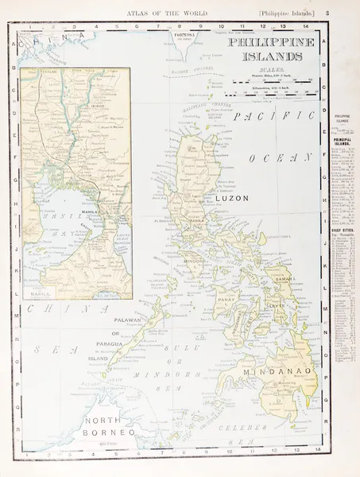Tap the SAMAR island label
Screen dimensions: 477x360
283,279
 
